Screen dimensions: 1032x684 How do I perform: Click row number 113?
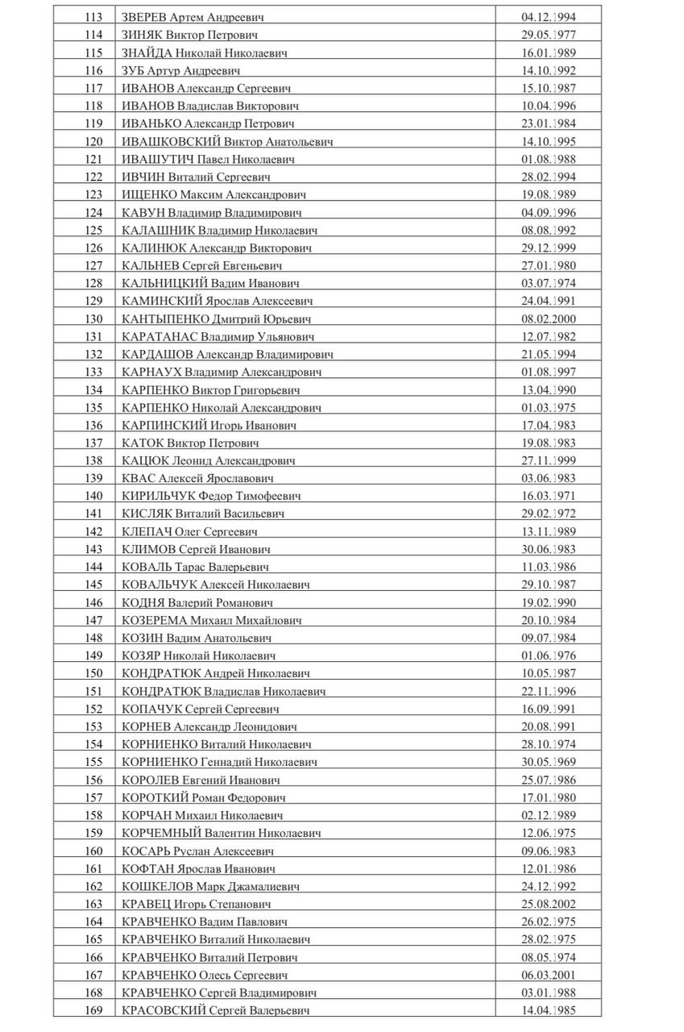coord(93,17)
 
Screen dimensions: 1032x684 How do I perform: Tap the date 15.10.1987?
coord(549,88)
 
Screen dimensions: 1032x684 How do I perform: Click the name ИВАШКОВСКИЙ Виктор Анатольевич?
coord(226,141)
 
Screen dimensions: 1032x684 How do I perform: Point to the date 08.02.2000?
coord(549,318)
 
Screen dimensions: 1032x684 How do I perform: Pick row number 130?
coord(93,318)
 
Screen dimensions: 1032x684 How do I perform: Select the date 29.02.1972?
coord(549,514)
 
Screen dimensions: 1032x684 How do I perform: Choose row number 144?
coord(93,567)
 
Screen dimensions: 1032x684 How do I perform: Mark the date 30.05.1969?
coord(549,762)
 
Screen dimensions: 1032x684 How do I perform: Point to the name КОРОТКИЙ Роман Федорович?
coord(204,797)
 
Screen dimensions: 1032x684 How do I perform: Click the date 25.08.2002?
coord(549,904)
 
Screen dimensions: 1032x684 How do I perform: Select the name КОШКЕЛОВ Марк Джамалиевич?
coord(211,886)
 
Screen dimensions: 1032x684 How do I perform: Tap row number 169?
coord(93,1010)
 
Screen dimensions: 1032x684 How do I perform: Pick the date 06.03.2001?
coord(549,975)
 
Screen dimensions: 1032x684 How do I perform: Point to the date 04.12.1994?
coord(549,17)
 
